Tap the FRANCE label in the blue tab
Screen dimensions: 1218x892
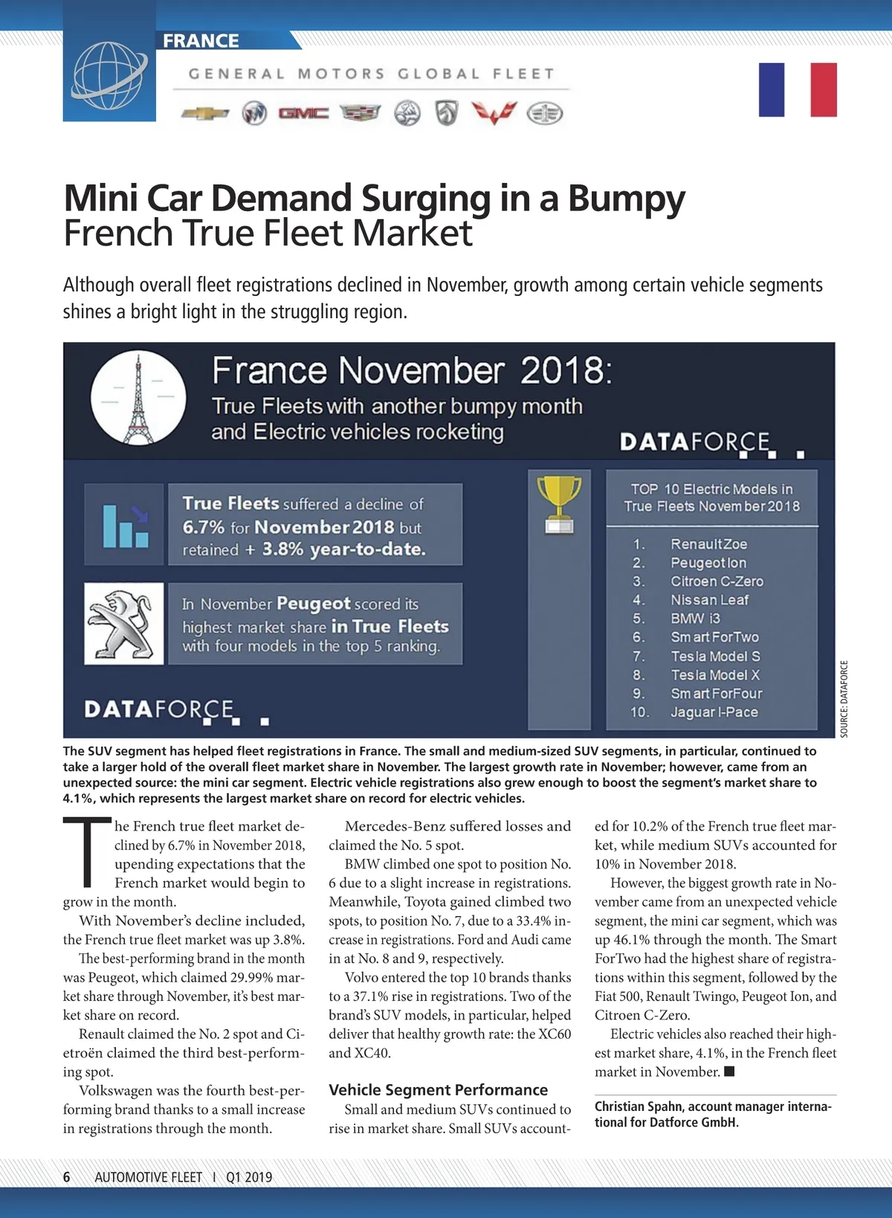[201, 41]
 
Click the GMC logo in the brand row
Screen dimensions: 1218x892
[303, 113]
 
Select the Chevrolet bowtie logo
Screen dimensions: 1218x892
[206, 114]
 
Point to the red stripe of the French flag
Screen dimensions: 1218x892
[824, 90]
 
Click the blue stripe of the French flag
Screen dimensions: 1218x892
[772, 90]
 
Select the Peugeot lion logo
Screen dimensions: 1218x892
[123, 623]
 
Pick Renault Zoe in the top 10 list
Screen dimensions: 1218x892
[708, 544]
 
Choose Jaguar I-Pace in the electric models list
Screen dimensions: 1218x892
[714, 712]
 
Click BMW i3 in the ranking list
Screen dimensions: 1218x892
[695, 619]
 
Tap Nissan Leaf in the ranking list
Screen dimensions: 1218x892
[709, 600]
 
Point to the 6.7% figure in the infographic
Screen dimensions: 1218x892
[203, 527]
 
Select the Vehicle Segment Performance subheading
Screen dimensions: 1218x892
[438, 1090]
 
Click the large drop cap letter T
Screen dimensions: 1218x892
[87, 852]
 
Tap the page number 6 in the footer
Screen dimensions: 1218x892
[67, 1177]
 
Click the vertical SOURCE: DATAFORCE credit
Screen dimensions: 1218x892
[844, 699]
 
